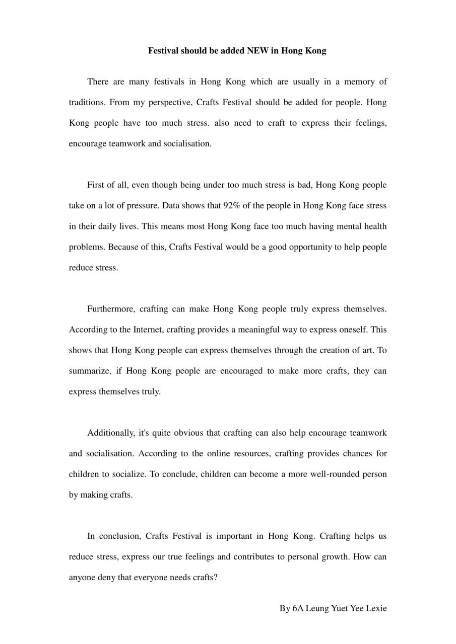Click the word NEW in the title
pos(257,51)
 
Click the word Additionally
pos(111,433)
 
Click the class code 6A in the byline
pos(298,608)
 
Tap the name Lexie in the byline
pos(376,608)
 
